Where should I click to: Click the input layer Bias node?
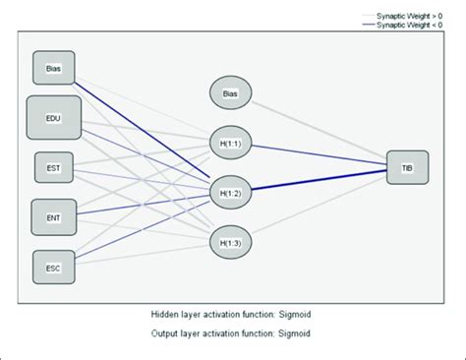[x=53, y=68]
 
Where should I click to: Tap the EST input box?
[x=53, y=168]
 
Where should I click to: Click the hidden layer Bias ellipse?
[x=230, y=93]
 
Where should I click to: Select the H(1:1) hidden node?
[x=230, y=143]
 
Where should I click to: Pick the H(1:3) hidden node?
[x=230, y=239]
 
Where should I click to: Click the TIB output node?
[x=406, y=167]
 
